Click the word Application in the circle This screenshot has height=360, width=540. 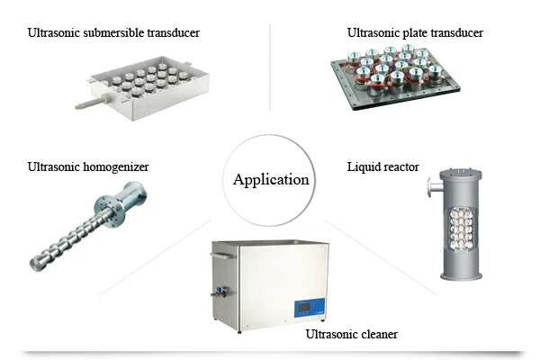click(x=271, y=180)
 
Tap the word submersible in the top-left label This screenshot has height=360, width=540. click(x=113, y=32)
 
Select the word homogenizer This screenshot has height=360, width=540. click(x=116, y=167)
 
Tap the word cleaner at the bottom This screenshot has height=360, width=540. click(x=379, y=334)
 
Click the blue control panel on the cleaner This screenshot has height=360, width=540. click(x=310, y=307)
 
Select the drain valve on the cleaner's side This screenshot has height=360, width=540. click(x=220, y=292)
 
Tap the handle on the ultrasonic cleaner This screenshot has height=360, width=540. click(x=222, y=256)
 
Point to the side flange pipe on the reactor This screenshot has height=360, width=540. click(x=434, y=188)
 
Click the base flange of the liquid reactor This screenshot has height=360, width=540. click(x=461, y=276)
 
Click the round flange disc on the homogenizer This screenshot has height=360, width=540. click(x=108, y=211)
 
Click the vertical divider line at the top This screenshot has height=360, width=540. click(x=270, y=67)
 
